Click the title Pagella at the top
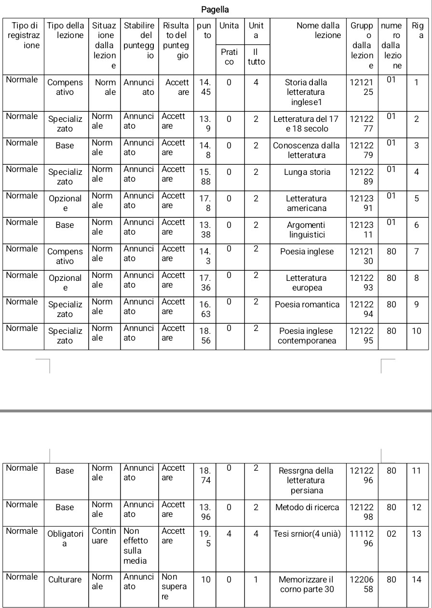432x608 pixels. [215, 10]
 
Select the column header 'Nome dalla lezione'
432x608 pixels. [318, 30]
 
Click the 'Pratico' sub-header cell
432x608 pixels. [229, 56]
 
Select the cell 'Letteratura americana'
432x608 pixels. [307, 203]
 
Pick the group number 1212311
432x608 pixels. [362, 230]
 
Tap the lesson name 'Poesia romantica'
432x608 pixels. [307, 304]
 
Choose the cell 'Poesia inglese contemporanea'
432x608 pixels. [307, 336]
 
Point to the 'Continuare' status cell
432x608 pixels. [104, 536]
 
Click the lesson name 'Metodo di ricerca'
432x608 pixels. [307, 507]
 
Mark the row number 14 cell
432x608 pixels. [417, 580]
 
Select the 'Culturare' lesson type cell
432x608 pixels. [65, 580]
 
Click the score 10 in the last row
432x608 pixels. [206, 580]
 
